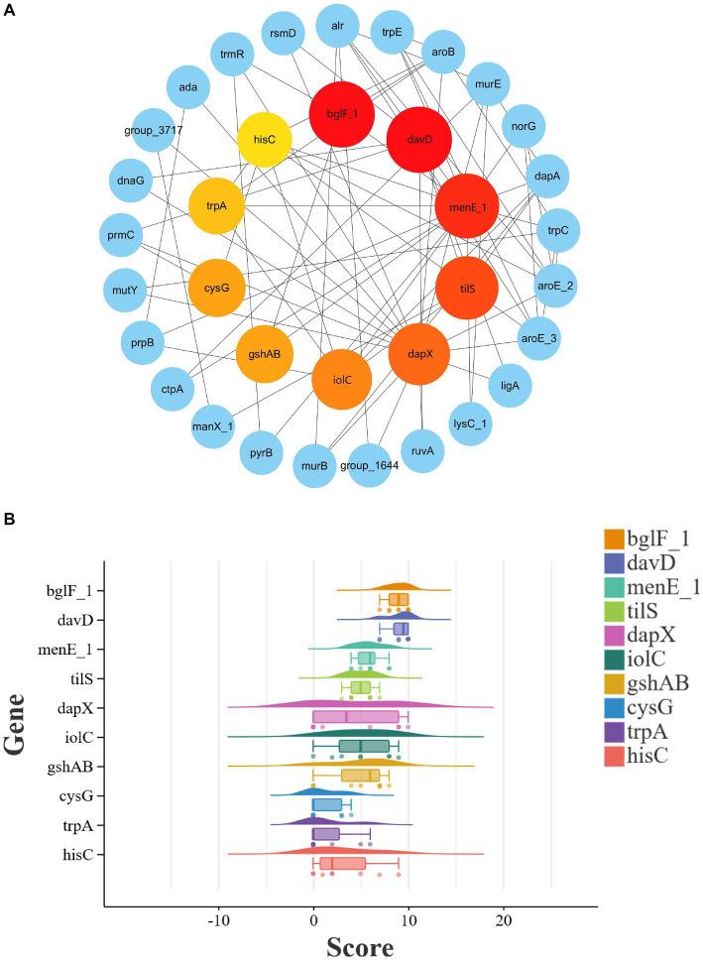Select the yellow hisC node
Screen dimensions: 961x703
(x=265, y=140)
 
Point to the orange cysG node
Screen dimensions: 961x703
(x=216, y=288)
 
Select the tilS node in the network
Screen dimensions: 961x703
(x=468, y=288)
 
